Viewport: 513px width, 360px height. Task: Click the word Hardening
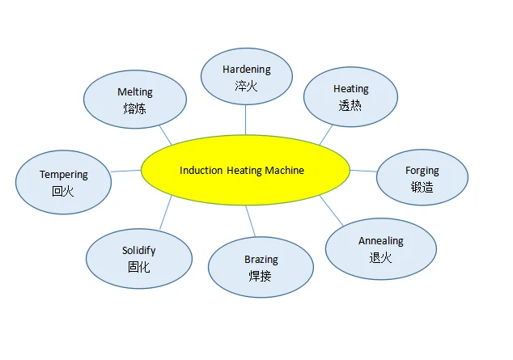(246, 70)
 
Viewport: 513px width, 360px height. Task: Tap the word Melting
(134, 92)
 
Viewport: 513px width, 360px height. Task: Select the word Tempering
(63, 175)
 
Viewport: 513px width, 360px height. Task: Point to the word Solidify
(138, 251)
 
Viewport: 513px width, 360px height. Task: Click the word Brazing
(261, 260)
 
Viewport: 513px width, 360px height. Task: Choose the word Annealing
(380, 241)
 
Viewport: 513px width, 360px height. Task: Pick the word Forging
(422, 171)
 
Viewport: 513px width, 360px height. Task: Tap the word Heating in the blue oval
(350, 89)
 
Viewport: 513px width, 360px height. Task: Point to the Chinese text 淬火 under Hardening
(246, 86)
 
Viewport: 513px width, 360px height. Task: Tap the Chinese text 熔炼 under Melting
(134, 108)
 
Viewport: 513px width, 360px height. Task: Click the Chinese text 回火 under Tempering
(63, 192)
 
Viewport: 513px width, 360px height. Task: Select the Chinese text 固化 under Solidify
(138, 267)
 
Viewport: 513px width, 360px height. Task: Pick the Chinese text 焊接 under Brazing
(261, 276)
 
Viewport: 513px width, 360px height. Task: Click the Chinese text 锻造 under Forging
(422, 187)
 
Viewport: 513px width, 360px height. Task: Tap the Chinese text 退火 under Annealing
(380, 257)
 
